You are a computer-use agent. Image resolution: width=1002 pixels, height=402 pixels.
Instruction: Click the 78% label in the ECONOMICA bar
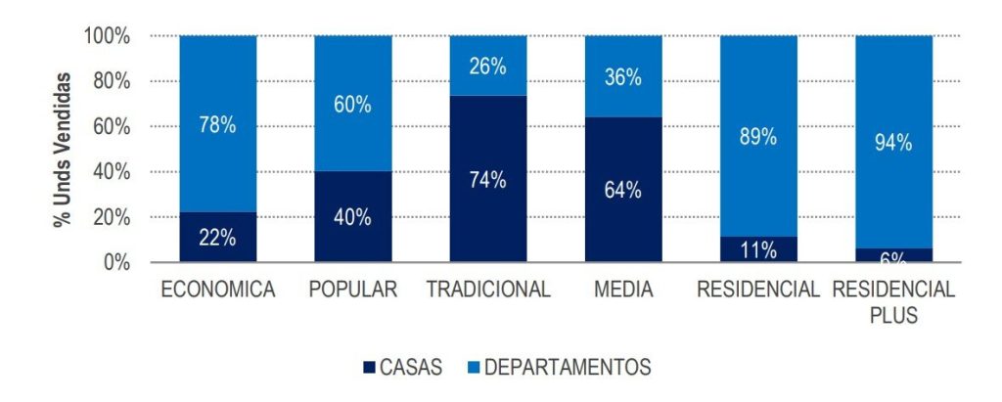coord(218,126)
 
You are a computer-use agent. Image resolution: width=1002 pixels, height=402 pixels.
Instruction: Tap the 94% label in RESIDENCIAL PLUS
coord(893,143)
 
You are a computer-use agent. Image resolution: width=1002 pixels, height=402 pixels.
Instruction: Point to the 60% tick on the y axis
coord(111,127)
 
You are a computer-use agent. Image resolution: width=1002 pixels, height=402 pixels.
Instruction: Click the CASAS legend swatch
coord(369,368)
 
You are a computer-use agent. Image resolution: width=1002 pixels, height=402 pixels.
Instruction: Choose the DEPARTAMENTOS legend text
coord(568,368)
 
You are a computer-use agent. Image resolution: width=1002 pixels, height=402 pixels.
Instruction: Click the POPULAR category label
coord(352,290)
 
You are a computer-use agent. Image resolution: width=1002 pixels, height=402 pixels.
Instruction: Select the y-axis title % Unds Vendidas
coord(62,149)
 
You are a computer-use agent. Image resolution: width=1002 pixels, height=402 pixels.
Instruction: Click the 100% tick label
coord(107,36)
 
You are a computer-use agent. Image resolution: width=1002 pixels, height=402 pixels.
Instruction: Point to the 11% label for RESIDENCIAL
coord(758,250)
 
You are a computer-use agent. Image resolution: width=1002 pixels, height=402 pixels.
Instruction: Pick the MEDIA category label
coord(623,290)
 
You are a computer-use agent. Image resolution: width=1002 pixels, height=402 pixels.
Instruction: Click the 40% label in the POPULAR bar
coord(352,217)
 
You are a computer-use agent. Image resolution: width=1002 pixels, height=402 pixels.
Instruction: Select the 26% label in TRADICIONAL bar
coord(487,67)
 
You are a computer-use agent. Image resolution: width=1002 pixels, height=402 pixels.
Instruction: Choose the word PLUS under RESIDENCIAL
coord(893,313)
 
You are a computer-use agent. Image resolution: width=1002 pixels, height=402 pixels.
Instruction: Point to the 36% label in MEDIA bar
coord(622,77)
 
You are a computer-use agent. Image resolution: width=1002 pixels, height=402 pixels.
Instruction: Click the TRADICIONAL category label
coord(488,290)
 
